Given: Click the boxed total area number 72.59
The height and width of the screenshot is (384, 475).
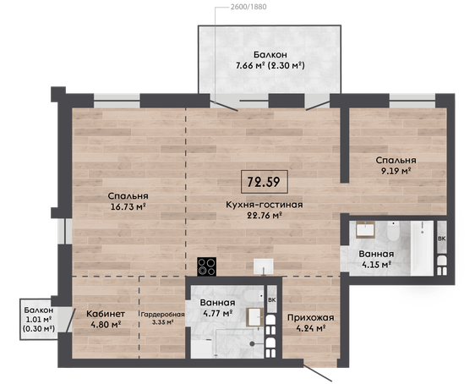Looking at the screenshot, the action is coord(264,182).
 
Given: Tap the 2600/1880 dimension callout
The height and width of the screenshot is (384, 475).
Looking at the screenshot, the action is coord(248,7).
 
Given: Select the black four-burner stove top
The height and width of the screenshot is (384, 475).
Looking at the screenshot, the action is coord(206,266).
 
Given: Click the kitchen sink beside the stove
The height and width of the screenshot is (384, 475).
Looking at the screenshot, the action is coord(264,266).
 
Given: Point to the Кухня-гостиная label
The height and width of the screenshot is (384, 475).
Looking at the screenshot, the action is coord(265,205).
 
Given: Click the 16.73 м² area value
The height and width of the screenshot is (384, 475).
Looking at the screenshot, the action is coord(128,207).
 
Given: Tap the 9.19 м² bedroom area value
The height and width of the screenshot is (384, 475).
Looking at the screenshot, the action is coord(396,171).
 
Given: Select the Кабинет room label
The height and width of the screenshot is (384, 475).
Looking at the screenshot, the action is coord(106,314).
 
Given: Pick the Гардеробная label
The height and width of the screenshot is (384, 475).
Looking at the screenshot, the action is coord(162,315).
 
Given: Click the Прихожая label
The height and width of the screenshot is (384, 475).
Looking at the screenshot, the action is coord(311,317).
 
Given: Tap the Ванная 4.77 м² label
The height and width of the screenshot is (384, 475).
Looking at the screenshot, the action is coord(218,308).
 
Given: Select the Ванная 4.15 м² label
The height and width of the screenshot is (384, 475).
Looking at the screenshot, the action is coord(376,259).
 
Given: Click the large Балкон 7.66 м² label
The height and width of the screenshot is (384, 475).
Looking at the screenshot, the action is coord(270,60).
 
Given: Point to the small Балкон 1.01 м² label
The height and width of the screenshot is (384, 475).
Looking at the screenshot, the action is coord(39,319).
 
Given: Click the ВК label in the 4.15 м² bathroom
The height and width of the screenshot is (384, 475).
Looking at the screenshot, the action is coord(442,239).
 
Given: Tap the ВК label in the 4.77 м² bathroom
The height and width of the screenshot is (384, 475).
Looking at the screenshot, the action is coord(272,300).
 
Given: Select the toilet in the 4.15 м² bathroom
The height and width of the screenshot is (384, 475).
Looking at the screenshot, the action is coord(394,231).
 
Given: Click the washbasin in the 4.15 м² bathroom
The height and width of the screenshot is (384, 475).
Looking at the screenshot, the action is coord(365,229).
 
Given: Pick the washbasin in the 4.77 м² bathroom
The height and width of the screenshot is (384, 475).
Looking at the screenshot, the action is coord(254,317).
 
